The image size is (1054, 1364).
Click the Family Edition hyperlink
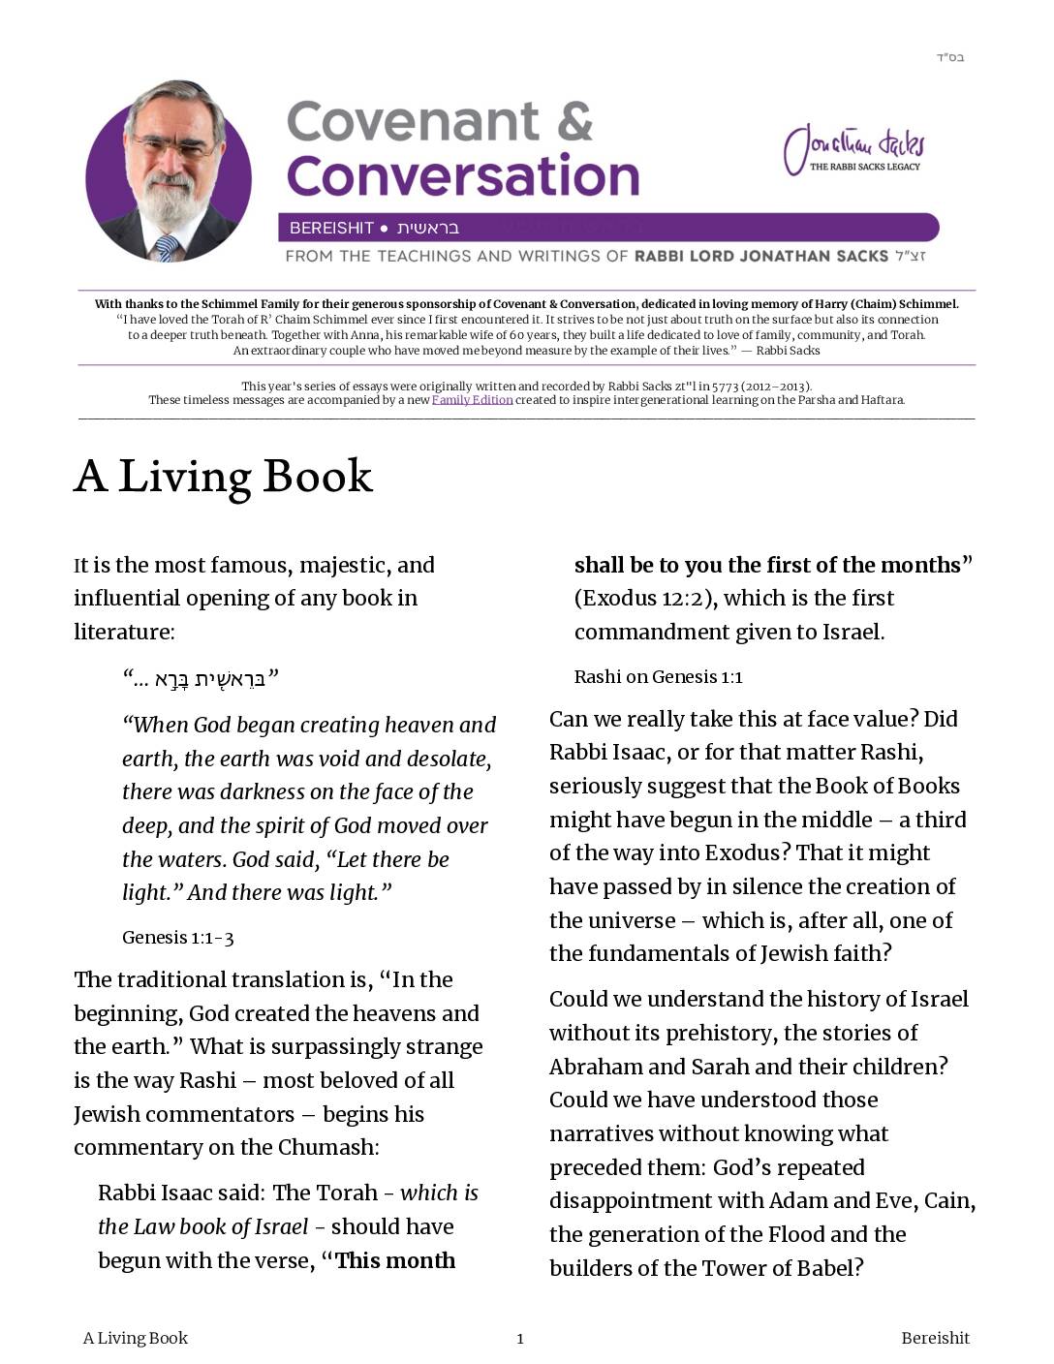click(x=472, y=400)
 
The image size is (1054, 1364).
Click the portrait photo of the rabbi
click(x=169, y=172)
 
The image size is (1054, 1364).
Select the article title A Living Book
click(x=223, y=477)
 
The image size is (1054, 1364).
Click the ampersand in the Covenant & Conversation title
click(x=574, y=122)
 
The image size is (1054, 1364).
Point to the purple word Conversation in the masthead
click(x=463, y=176)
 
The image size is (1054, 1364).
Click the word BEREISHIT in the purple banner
click(x=331, y=229)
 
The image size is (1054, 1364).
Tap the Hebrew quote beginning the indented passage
click(x=201, y=678)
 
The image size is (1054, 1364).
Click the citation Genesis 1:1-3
click(x=178, y=938)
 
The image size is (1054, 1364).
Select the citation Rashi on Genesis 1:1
click(x=658, y=677)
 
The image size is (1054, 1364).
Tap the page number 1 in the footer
click(x=520, y=1339)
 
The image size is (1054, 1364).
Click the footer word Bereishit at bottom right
click(x=935, y=1338)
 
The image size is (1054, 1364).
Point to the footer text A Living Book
click(x=136, y=1338)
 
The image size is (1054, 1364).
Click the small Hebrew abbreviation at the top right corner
click(x=949, y=57)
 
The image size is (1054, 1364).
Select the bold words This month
click(x=395, y=1260)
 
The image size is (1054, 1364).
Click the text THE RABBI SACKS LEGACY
click(x=865, y=167)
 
